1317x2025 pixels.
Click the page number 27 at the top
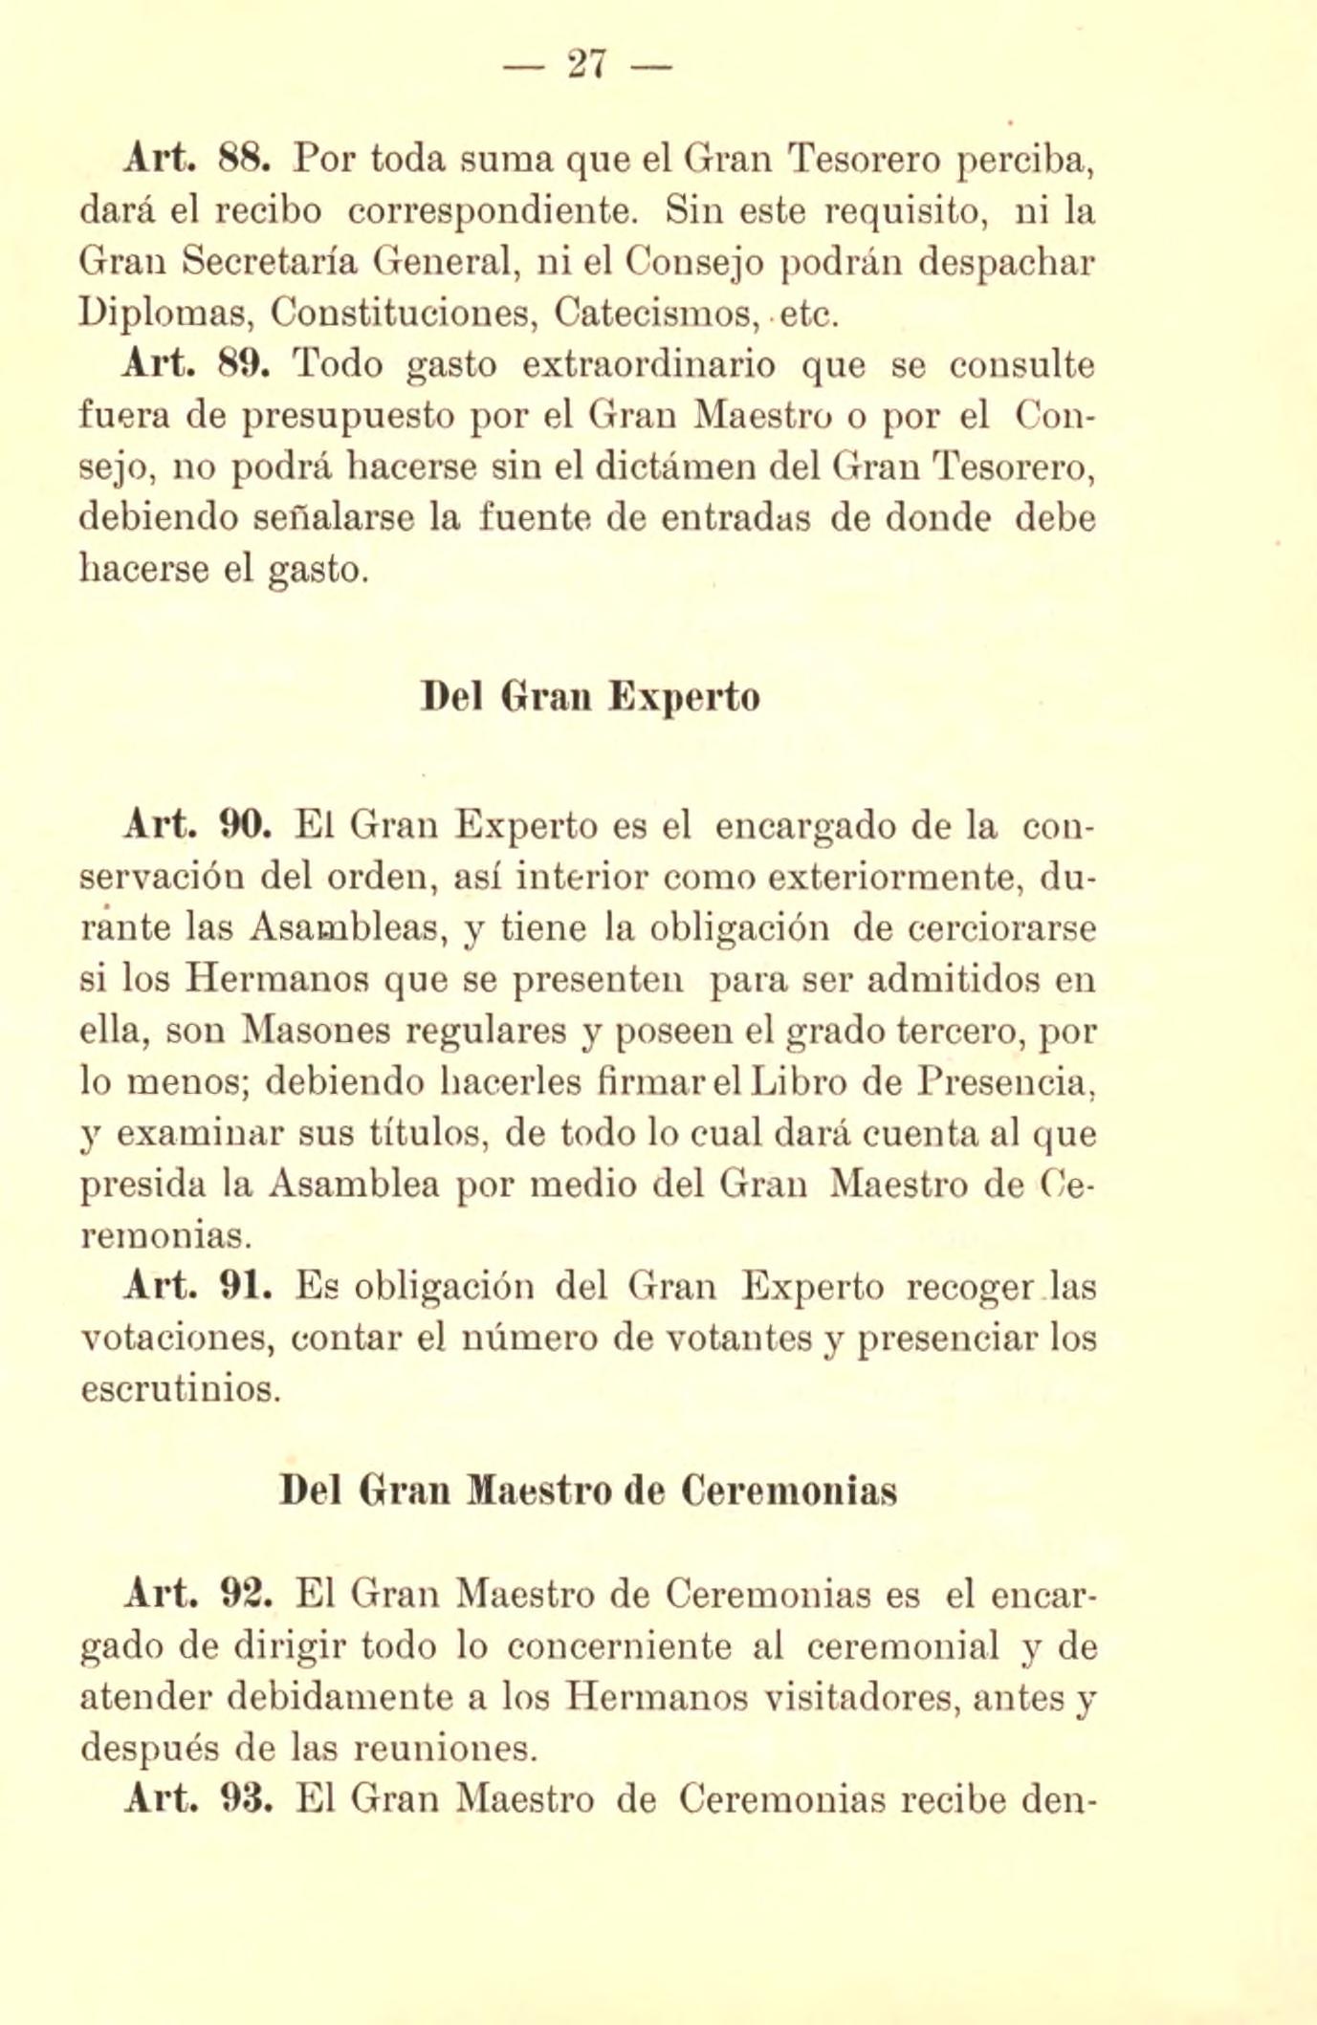click(x=587, y=65)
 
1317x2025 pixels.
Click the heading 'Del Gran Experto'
click(x=590, y=697)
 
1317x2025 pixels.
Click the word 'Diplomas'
click(x=162, y=313)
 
